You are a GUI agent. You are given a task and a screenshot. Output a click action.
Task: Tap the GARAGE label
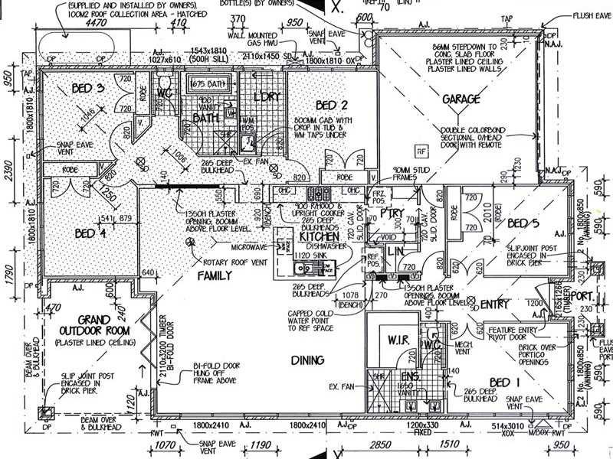(461, 99)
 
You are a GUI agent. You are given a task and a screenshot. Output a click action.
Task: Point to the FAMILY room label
(215, 275)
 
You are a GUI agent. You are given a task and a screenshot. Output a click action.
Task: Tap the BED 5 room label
(524, 223)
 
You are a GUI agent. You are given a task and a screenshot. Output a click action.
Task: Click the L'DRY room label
(268, 97)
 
